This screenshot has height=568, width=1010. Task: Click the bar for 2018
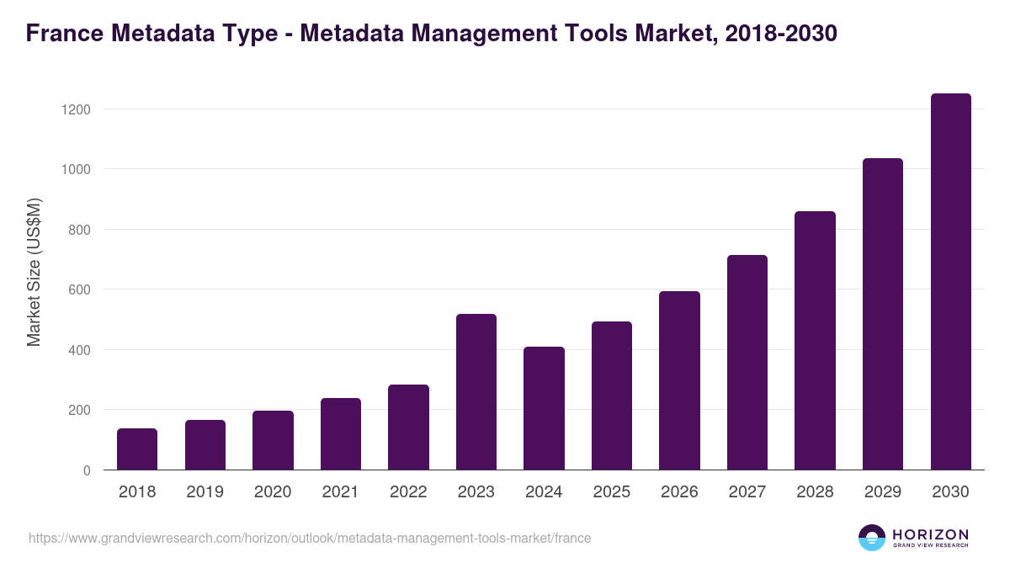tap(137, 449)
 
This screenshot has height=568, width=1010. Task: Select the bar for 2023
tap(476, 392)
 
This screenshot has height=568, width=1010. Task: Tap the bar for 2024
tap(544, 408)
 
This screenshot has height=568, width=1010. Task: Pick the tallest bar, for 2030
tap(950, 282)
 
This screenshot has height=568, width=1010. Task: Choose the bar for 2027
tap(747, 363)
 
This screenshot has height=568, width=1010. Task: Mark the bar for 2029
tap(883, 314)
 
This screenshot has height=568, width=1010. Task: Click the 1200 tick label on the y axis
tap(75, 109)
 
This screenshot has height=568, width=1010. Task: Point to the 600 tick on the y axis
tap(78, 290)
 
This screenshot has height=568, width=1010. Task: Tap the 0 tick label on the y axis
tap(87, 470)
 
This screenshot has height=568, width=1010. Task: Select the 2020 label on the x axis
tap(273, 492)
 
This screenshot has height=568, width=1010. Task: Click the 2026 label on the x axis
tap(679, 492)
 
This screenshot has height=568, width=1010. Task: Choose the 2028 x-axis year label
tap(815, 492)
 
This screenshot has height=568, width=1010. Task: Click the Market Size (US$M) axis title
tap(34, 272)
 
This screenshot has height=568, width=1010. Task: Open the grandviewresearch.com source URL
tap(310, 538)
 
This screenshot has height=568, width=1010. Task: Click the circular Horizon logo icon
tap(872, 538)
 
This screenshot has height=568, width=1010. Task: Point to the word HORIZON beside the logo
tap(931, 534)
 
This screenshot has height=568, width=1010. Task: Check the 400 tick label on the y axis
tap(78, 350)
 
